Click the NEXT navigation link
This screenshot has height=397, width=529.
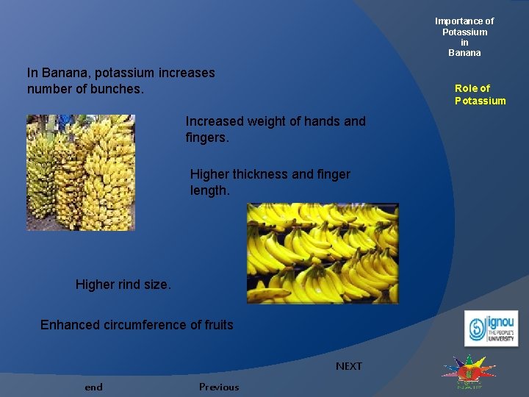pos(348,366)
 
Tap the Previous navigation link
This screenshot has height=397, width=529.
pos(218,387)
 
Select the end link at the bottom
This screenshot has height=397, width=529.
pos(93,387)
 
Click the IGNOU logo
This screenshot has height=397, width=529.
pos(491,329)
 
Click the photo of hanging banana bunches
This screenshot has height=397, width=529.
pos(81,172)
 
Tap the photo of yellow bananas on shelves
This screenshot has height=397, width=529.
pos(323,254)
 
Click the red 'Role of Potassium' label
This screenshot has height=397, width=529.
pos(480,95)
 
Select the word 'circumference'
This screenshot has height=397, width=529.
pos(147,325)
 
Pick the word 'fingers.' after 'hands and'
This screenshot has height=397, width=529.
pos(207,137)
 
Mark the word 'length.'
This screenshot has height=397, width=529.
pos(210,190)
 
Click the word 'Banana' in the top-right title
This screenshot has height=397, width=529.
pos(464,53)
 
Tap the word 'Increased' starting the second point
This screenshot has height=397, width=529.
pos(215,121)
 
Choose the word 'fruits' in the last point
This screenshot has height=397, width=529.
pos(217,325)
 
